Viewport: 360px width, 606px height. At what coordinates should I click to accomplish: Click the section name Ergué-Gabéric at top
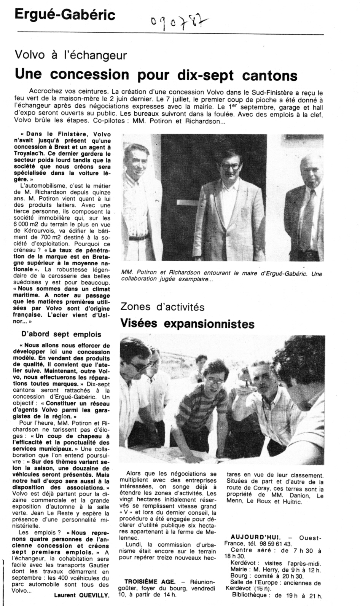65,15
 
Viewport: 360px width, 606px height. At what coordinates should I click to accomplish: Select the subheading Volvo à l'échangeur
70,56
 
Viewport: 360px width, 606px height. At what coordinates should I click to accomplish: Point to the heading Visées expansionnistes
187,324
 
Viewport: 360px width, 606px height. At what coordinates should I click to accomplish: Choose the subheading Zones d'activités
162,306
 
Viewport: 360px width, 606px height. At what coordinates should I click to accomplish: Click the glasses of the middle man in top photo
231,166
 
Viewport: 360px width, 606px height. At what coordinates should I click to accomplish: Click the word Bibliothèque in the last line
249,595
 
